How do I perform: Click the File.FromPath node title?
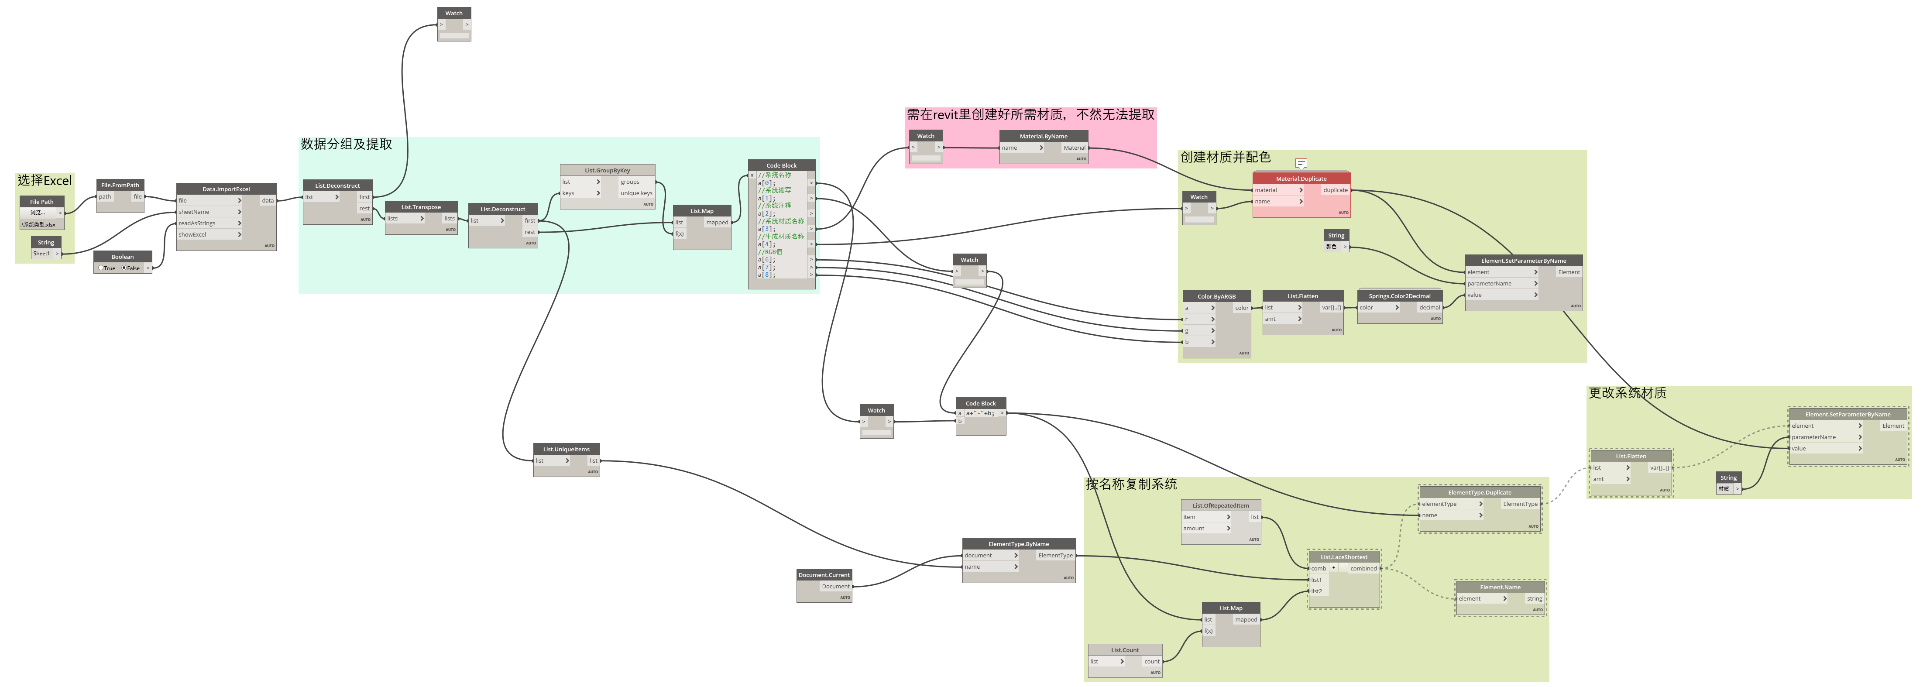pyautogui.click(x=120, y=185)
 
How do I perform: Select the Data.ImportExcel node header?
pyautogui.click(x=226, y=189)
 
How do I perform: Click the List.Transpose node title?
pyautogui.click(x=421, y=207)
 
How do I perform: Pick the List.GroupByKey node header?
pyautogui.click(x=607, y=170)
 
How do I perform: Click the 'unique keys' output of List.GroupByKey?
pyautogui.click(x=636, y=193)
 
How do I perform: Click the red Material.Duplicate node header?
pyautogui.click(x=1301, y=179)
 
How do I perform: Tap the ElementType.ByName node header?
pyautogui.click(x=1018, y=544)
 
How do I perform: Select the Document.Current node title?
pyautogui.click(x=824, y=575)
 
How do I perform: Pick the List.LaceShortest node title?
pyautogui.click(x=1344, y=557)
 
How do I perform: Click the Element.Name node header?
pyautogui.click(x=1500, y=587)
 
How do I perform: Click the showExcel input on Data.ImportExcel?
pyautogui.click(x=192, y=234)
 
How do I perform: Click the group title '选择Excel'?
pyautogui.click(x=45, y=181)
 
